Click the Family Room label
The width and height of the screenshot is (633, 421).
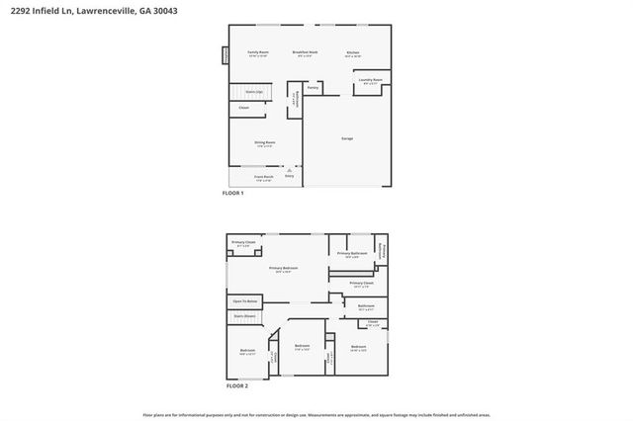click(x=257, y=52)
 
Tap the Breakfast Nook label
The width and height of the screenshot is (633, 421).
click(x=304, y=52)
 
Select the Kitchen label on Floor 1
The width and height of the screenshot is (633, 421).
click(x=353, y=52)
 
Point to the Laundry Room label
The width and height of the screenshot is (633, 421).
click(x=371, y=81)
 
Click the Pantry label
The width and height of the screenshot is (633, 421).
click(x=313, y=88)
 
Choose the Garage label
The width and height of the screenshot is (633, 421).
click(x=347, y=138)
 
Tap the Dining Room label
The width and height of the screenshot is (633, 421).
click(x=263, y=142)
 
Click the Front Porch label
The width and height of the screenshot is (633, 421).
click(x=263, y=179)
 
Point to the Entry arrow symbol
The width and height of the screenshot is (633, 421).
click(x=289, y=171)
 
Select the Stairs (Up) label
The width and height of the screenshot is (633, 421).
click(x=254, y=91)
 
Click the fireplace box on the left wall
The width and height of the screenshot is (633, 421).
click(x=226, y=56)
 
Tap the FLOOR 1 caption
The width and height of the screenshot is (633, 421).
click(x=232, y=194)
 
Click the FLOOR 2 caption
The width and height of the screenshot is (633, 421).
click(x=237, y=385)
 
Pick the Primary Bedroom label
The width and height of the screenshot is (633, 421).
click(x=284, y=269)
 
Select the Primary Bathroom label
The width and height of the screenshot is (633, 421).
click(x=352, y=254)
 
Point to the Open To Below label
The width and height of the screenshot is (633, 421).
click(x=245, y=301)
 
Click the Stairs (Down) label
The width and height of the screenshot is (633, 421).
click(x=244, y=318)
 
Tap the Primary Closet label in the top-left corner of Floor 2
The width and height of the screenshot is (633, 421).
click(x=243, y=243)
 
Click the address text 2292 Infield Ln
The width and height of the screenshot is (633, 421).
click(x=39, y=9)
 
